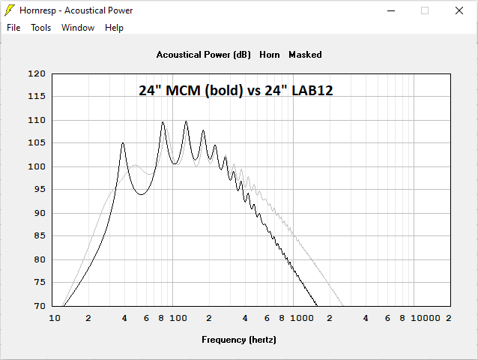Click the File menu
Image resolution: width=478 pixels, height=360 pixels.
coord(13,28)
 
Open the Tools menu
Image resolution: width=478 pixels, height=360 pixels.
coord(40,28)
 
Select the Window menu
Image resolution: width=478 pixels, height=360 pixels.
coord(78,28)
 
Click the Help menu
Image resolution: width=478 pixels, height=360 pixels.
coord(114,28)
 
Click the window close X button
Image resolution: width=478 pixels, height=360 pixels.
coord(459,10)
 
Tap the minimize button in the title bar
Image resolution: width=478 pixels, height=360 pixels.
coord(390,10)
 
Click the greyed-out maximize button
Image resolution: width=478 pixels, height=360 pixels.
coord(424,10)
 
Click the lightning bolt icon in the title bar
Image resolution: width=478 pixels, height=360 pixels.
coord(9,10)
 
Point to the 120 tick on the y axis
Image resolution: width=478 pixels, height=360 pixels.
coord(37,73)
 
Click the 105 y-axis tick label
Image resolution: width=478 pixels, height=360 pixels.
coord(37,143)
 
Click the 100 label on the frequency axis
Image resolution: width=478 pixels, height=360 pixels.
coord(178,319)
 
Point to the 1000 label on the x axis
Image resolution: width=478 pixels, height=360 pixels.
coord(301,319)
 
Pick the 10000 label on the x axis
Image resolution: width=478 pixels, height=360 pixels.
coord(425,319)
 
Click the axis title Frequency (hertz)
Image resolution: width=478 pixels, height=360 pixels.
coord(239,339)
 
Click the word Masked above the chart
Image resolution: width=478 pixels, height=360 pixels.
coord(305,55)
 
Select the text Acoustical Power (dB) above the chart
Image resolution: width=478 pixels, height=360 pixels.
coord(204,55)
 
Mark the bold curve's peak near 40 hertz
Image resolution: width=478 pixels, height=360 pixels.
coord(123,143)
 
